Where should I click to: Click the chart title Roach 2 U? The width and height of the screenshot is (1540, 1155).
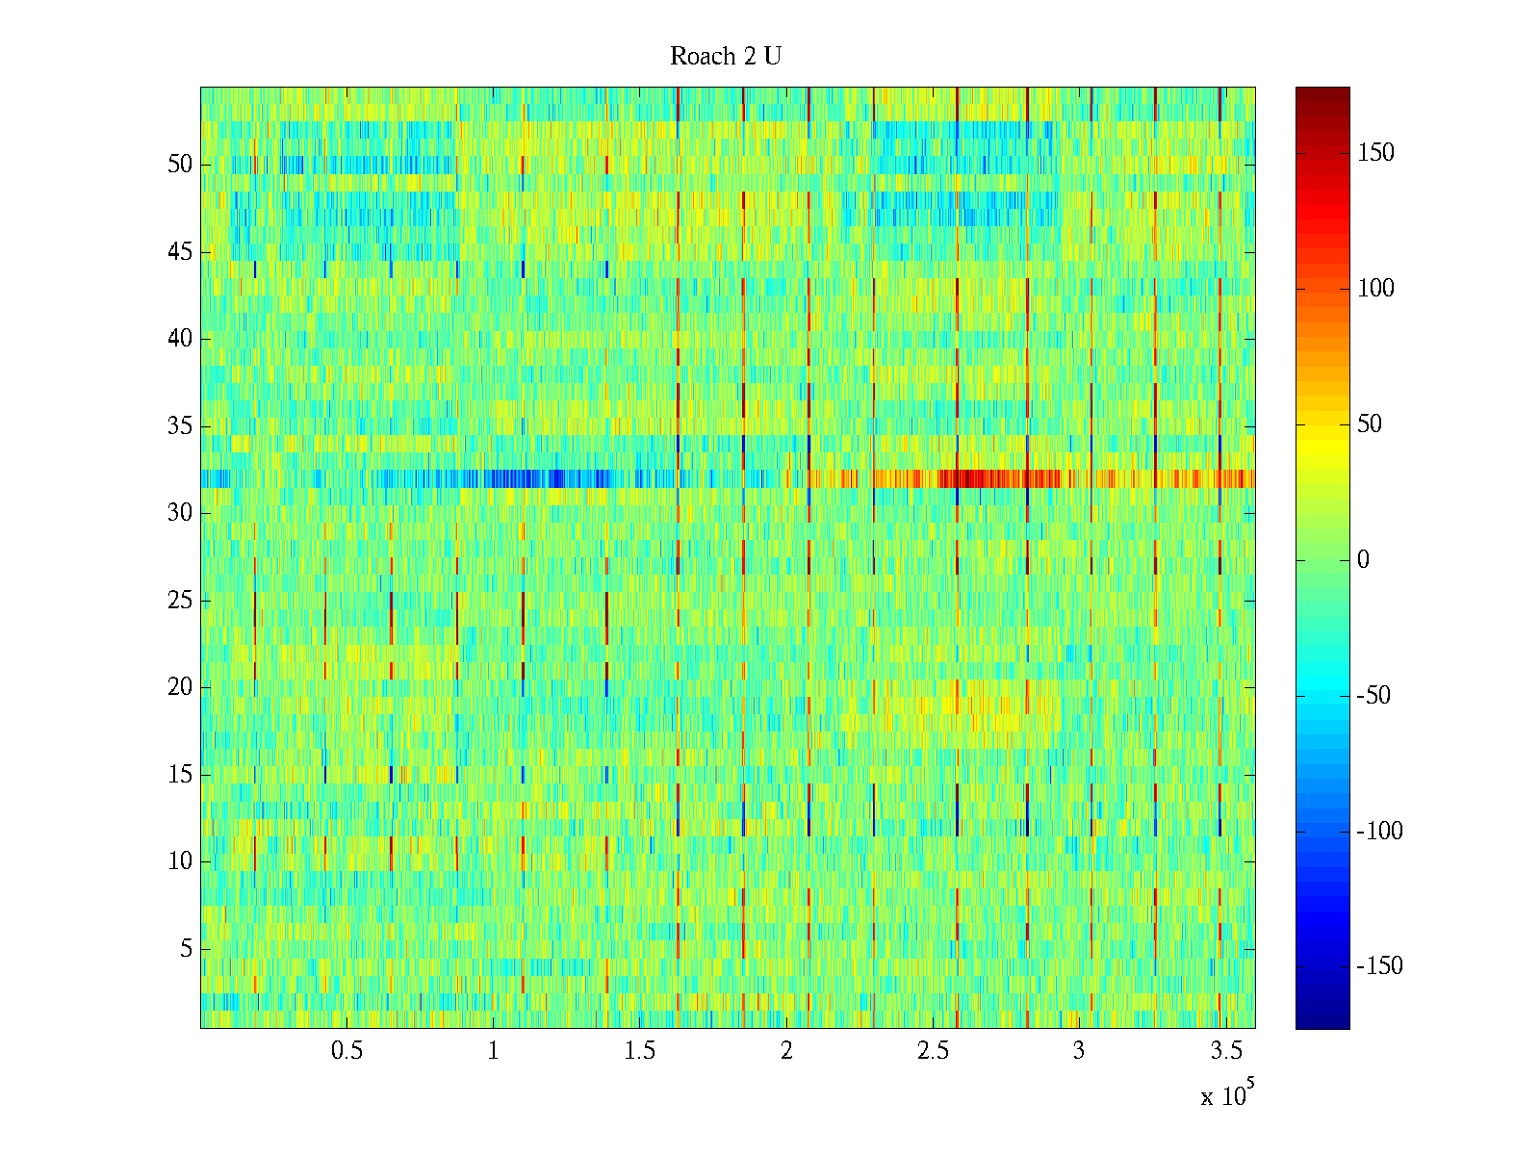725,57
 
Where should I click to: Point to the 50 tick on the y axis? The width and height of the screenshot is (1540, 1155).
180,165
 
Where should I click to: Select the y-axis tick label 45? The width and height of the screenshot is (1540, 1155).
180,252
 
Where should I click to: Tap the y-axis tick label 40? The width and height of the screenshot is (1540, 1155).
180,339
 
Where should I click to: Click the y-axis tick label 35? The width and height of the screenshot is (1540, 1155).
180,426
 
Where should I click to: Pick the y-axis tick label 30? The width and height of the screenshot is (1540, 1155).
180,513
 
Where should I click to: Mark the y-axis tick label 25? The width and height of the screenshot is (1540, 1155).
180,601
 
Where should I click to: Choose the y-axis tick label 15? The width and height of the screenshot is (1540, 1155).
180,775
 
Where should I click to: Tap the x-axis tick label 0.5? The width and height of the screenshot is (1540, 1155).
347,1051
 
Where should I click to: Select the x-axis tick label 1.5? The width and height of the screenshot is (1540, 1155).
640,1051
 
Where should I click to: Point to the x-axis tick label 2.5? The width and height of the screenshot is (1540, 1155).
933,1051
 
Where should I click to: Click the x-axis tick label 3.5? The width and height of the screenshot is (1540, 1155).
1225,1051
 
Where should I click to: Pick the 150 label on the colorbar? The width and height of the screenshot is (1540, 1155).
1375,153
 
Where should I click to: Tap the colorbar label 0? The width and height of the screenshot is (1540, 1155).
1363,560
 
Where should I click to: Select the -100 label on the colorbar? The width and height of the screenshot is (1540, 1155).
1379,832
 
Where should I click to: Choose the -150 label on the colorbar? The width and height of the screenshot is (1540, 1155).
1379,966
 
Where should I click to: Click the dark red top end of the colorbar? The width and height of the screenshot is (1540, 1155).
1322,92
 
